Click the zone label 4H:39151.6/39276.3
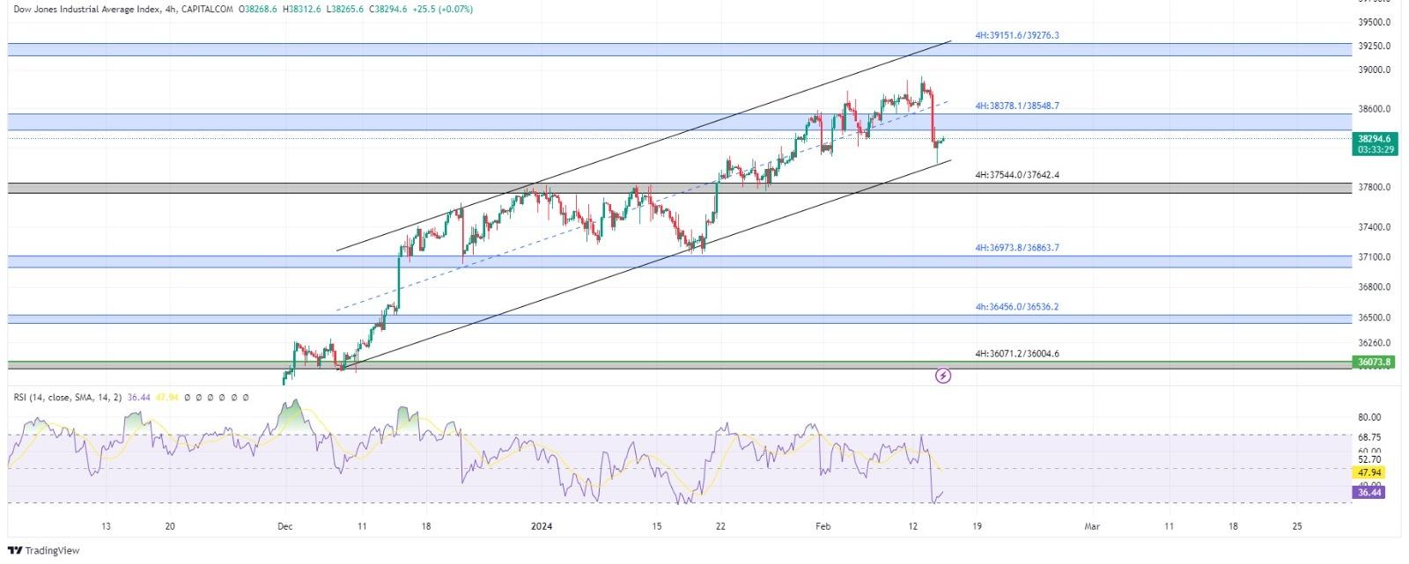(x=1016, y=35)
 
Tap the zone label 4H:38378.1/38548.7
(x=1016, y=106)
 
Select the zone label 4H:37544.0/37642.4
(x=1016, y=175)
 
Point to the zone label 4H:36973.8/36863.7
(x=1016, y=248)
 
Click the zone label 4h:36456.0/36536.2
(x=1016, y=307)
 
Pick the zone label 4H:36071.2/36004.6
(x=1016, y=354)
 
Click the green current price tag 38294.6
(x=1374, y=139)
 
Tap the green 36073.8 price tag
(x=1374, y=362)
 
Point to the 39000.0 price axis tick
(x=1375, y=70)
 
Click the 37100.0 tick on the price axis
(x=1375, y=257)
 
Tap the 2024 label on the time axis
(x=542, y=526)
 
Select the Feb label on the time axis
(x=823, y=526)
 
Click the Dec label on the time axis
(x=284, y=526)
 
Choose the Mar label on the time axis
(x=1092, y=526)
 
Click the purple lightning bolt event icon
(x=943, y=376)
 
